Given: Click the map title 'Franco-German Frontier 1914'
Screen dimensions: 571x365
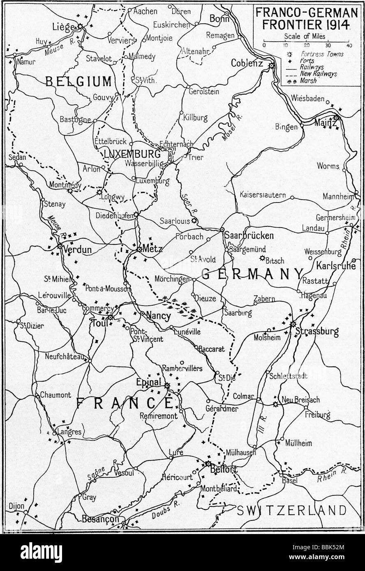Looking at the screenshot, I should (x=306, y=18).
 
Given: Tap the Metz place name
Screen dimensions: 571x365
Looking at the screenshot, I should (x=153, y=249).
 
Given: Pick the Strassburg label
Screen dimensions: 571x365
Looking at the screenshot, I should (x=322, y=332).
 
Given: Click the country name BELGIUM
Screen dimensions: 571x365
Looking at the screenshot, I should (x=78, y=81).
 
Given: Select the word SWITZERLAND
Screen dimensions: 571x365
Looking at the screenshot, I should (x=292, y=511).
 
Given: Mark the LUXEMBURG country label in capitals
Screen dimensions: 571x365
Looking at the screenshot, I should (x=126, y=154).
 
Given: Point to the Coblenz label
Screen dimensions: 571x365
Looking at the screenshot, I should (x=247, y=63).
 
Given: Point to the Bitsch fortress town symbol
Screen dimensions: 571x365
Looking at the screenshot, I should (x=262, y=258).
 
